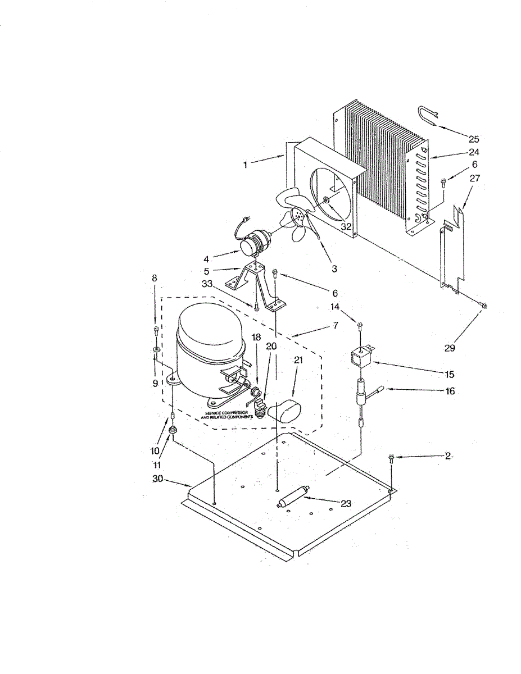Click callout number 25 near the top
click(474, 139)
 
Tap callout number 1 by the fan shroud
click(246, 165)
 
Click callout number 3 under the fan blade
click(334, 269)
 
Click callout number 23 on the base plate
click(346, 504)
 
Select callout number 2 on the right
click(448, 456)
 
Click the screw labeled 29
click(484, 306)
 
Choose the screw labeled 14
click(360, 325)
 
